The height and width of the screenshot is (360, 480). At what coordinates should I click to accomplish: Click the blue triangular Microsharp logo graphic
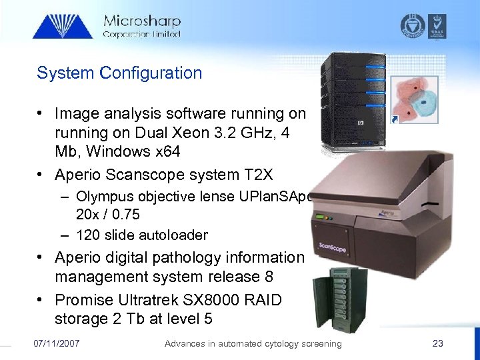[x=63, y=25]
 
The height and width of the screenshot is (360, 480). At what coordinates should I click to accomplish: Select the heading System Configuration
[x=119, y=73]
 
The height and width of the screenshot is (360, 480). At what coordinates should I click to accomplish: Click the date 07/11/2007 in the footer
[x=57, y=343]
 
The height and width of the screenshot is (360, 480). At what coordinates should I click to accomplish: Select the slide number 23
[x=437, y=343]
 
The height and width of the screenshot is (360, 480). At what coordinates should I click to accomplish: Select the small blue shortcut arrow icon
[x=395, y=119]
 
